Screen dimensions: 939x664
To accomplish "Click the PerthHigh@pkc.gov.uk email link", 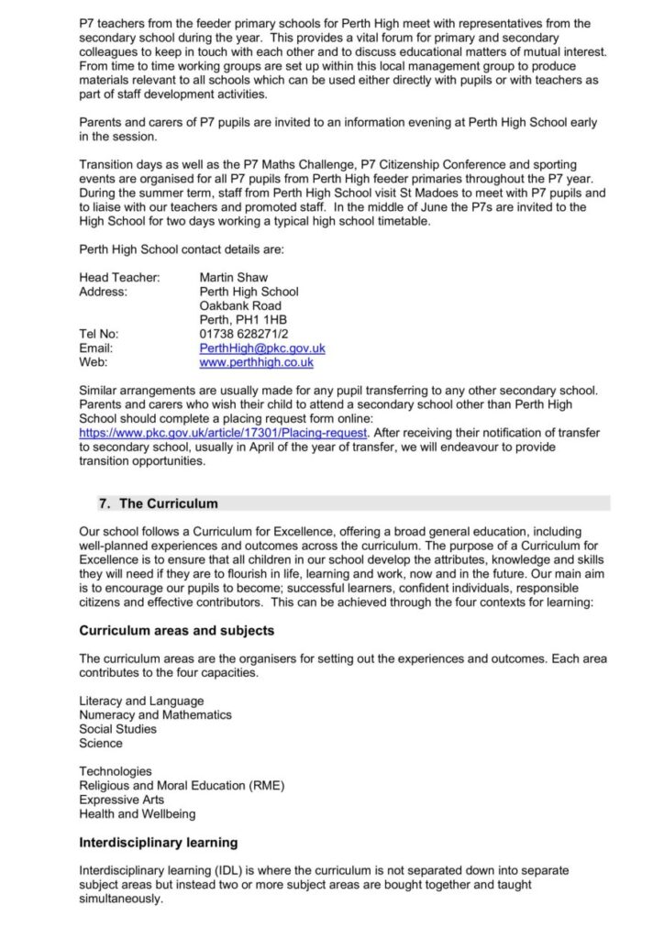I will (x=261, y=348).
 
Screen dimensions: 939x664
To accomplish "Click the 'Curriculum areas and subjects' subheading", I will (x=177, y=631).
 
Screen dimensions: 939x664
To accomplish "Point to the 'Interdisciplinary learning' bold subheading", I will (x=159, y=842).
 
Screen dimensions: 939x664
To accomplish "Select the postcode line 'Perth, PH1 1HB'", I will (x=243, y=320).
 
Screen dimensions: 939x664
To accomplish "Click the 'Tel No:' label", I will (x=99, y=335).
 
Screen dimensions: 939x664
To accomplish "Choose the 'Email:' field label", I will (x=96, y=348).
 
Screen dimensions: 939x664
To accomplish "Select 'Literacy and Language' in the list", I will (x=141, y=701).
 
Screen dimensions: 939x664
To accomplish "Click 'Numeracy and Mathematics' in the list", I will (x=155, y=715).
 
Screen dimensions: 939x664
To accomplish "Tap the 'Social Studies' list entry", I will (x=117, y=729).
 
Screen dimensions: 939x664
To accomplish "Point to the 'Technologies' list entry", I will (x=116, y=771).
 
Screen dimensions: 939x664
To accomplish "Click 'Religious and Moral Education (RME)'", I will (x=175, y=786).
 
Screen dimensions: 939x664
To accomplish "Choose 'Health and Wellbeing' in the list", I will (x=137, y=813).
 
